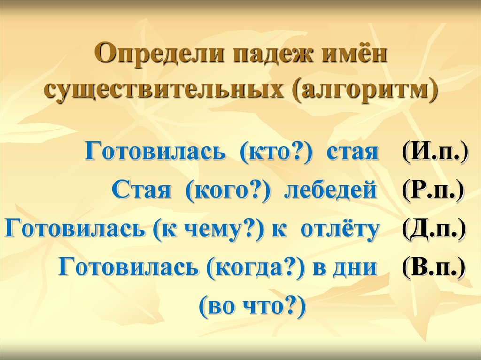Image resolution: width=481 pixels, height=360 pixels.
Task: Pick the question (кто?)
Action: [277, 153]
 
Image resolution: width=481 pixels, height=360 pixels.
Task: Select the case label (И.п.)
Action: [434, 153]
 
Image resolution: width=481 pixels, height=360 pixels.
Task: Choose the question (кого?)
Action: [229, 191]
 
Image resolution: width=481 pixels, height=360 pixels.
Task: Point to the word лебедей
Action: [330, 191]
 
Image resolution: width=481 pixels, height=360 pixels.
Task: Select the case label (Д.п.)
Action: [434, 229]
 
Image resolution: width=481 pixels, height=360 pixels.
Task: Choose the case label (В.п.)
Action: [433, 268]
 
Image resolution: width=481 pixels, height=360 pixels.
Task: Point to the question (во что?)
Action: [252, 306]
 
